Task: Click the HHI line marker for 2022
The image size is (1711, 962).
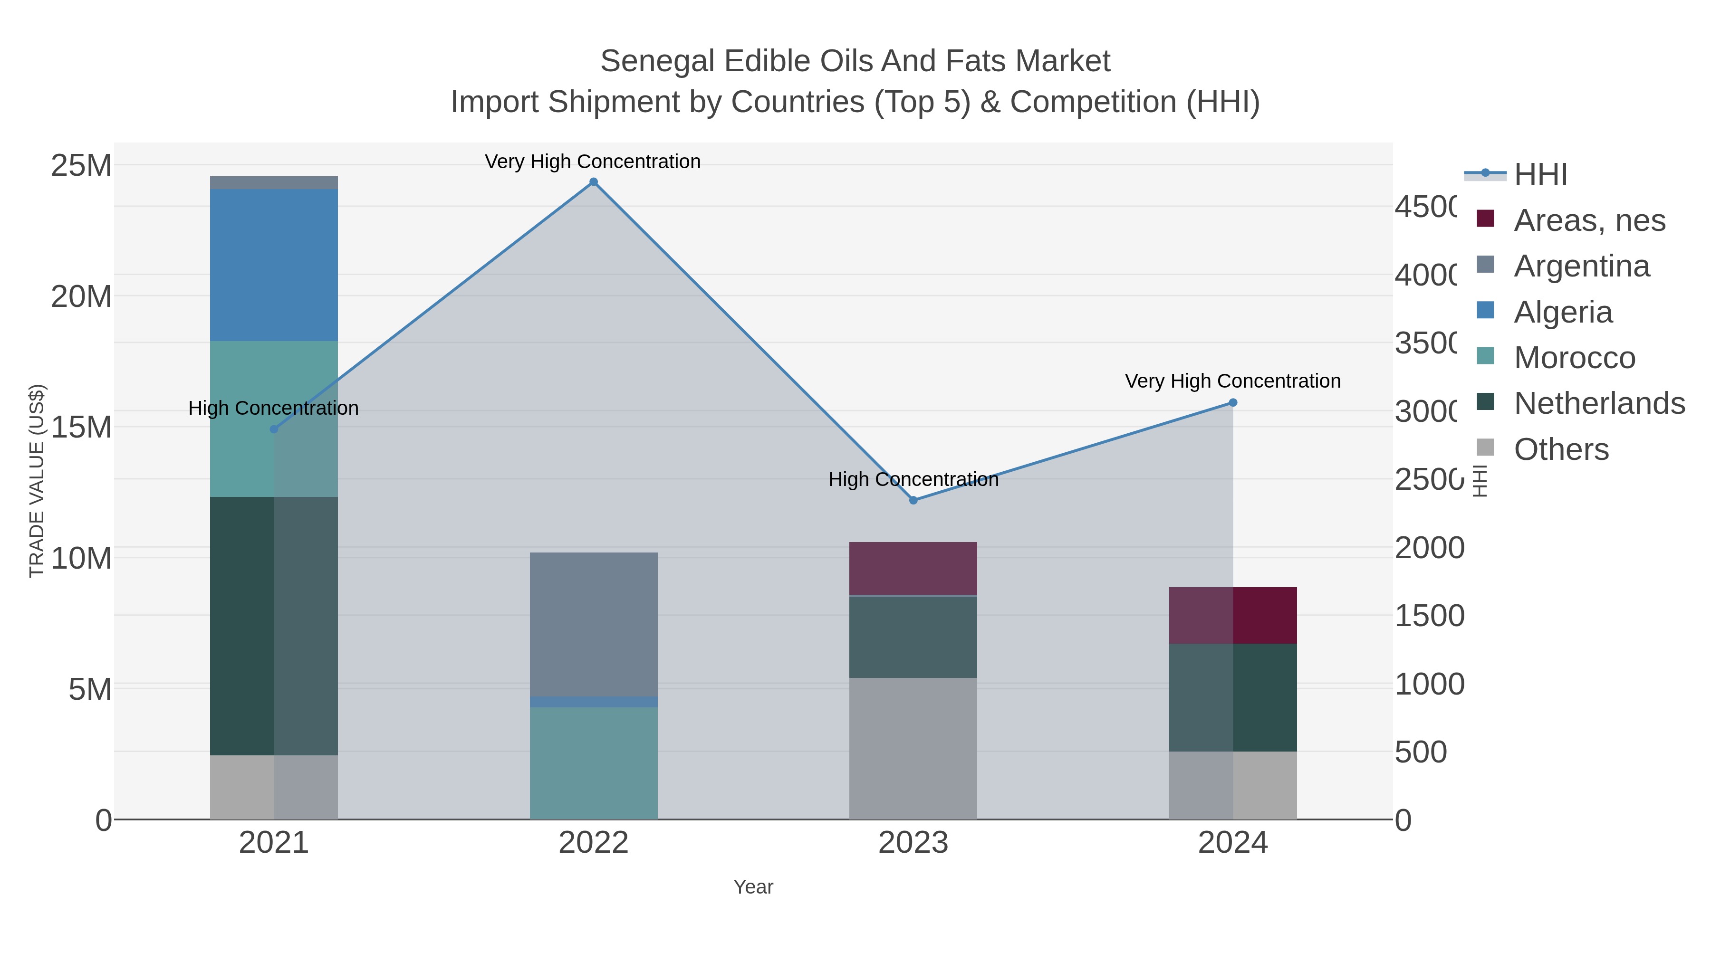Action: (593, 182)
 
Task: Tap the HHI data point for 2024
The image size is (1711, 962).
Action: (1233, 402)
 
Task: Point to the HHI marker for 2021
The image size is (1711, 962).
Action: (274, 429)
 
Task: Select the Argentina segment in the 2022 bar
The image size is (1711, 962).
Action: (593, 624)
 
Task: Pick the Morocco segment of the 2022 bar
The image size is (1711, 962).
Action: (593, 763)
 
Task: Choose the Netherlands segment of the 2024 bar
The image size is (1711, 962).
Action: (1233, 697)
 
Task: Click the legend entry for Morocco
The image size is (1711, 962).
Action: (1574, 358)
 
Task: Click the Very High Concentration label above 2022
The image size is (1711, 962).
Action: (593, 162)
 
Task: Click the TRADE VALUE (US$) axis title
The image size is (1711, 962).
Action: (37, 481)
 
